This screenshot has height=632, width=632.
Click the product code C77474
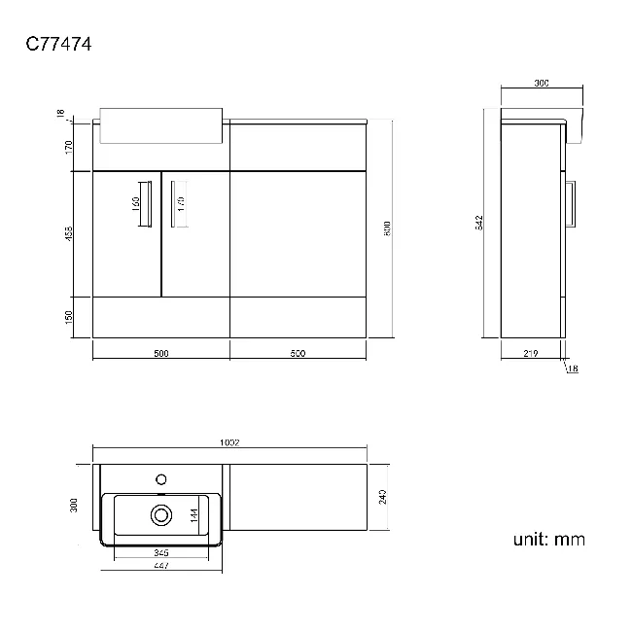click(58, 44)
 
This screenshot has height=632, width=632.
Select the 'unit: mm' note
click(549, 540)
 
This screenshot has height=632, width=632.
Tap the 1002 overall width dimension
click(229, 442)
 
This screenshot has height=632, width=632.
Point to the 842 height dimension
click(479, 223)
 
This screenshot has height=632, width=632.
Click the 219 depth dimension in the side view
click(530, 354)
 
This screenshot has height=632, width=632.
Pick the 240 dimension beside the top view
click(383, 497)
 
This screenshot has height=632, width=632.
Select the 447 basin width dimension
click(161, 565)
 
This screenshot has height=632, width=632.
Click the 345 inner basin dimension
click(161, 552)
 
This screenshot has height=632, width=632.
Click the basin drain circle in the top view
click(160, 512)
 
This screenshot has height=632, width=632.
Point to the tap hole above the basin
click(161, 478)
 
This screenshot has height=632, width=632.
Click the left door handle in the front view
click(148, 202)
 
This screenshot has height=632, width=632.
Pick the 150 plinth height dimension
click(69, 317)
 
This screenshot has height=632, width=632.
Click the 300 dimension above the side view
click(542, 84)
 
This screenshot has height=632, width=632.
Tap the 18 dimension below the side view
click(573, 369)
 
